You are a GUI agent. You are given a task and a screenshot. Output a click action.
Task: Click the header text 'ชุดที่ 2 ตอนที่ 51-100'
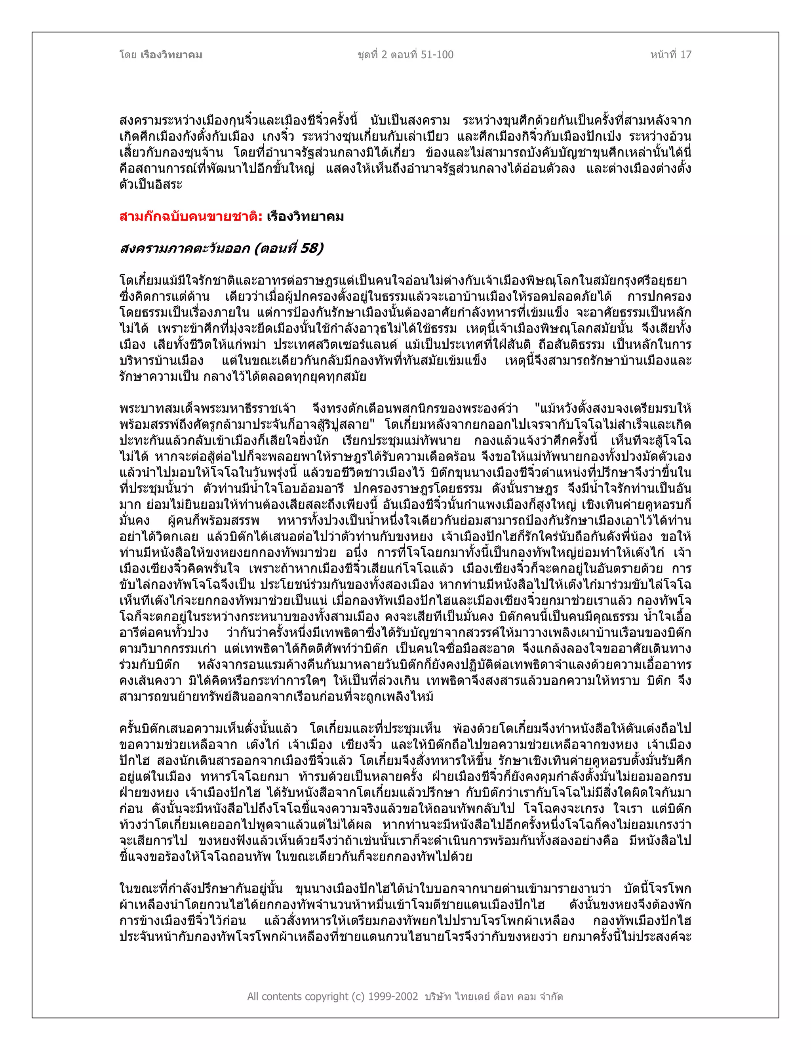pyautogui.click(x=405, y=55)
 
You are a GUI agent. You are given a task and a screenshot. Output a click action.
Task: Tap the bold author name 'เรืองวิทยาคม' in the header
pyautogui.click(x=171, y=55)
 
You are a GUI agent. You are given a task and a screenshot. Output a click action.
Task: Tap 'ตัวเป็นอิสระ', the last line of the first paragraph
pyautogui.click(x=151, y=185)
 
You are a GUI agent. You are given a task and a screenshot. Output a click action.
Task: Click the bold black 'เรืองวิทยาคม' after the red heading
pyautogui.click(x=306, y=217)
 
